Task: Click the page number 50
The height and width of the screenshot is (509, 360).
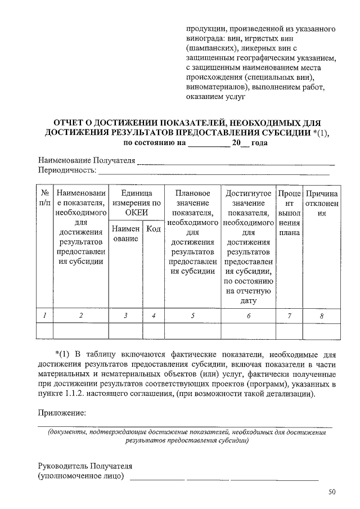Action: click(x=332, y=492)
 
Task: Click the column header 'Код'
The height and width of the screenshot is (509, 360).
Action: click(x=153, y=229)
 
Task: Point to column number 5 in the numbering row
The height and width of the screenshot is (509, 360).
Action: click(x=192, y=316)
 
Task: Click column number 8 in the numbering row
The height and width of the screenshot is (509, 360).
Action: click(x=321, y=316)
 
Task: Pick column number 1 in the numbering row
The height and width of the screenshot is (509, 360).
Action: click(x=43, y=316)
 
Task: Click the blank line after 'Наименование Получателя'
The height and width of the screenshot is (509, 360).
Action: click(x=236, y=163)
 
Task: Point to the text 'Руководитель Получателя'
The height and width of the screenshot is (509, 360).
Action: click(x=85, y=466)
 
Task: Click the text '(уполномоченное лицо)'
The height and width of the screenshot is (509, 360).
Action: click(x=81, y=476)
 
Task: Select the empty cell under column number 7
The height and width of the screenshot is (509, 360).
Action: click(x=289, y=331)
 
